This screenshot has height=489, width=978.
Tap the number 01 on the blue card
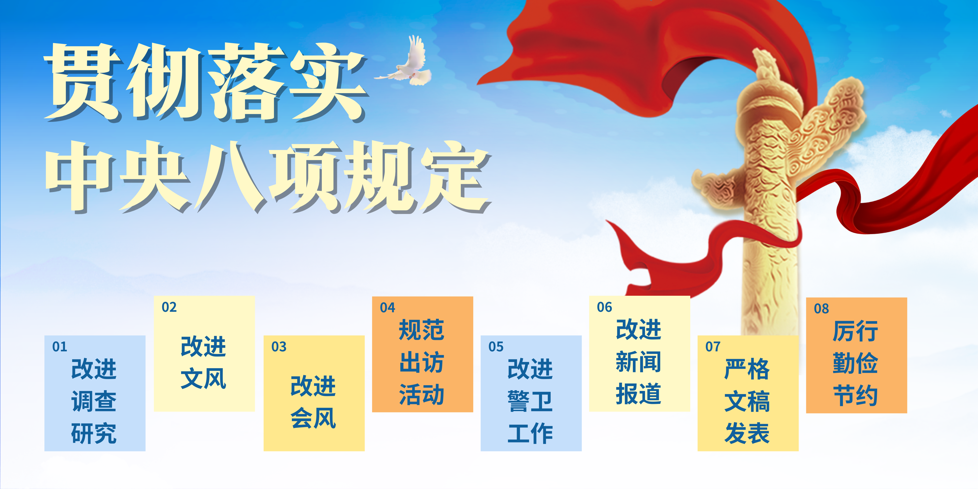click(x=60, y=347)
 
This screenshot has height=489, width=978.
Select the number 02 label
click(x=169, y=307)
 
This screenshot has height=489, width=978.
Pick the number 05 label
click(x=496, y=347)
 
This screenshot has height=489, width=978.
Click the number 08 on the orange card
click(x=821, y=309)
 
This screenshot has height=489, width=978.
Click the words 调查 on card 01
click(x=94, y=401)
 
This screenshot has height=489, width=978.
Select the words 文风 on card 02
click(x=204, y=379)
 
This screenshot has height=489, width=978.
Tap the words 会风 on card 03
click(x=313, y=418)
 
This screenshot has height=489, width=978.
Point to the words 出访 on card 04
click(x=421, y=362)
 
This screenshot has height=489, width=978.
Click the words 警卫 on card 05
click(x=530, y=401)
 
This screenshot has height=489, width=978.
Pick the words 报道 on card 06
click(x=639, y=394)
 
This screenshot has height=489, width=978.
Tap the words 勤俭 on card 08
click(x=855, y=363)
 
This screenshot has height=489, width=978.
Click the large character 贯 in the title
click(x=82, y=82)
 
